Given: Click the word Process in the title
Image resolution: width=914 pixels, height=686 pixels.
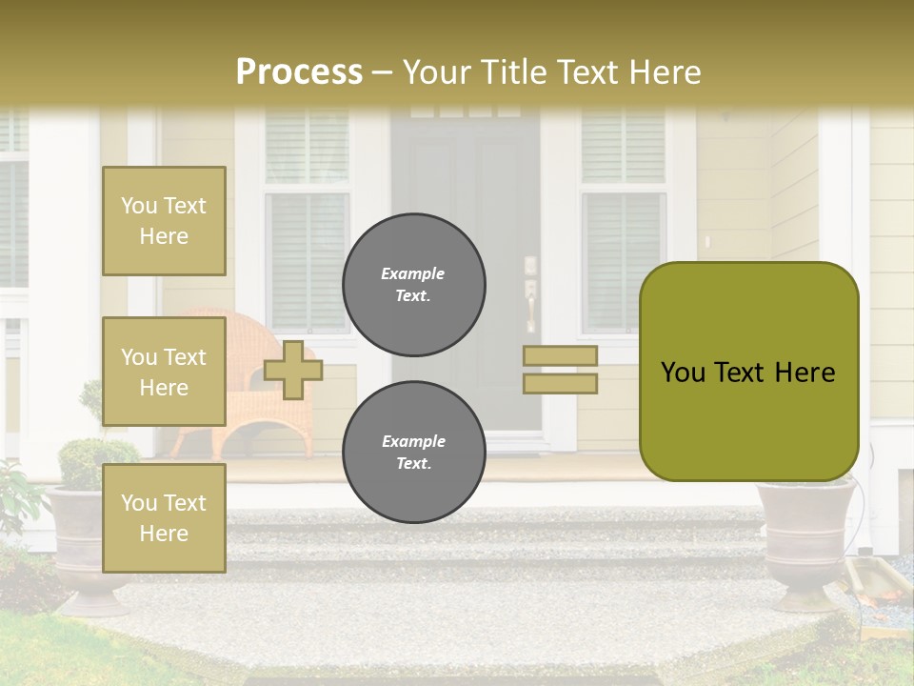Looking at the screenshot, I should point(299,72).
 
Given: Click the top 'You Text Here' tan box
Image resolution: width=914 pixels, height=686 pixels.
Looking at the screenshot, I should point(164,221).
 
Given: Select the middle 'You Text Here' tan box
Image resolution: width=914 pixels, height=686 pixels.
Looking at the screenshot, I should point(164,372).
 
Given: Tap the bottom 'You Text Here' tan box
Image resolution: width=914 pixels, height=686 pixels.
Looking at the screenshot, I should point(164,518).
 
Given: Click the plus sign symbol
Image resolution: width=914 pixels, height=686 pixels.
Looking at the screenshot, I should point(293,370).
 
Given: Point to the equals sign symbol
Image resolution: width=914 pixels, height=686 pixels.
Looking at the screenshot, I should point(560,370).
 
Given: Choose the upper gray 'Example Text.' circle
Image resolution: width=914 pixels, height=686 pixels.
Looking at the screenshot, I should point(414,284).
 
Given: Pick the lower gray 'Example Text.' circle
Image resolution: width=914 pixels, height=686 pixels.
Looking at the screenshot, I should point(414,452).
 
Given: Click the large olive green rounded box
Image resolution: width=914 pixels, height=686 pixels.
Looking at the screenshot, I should point(748,372).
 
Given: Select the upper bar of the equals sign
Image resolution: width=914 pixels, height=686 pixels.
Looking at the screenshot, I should point(560,356).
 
